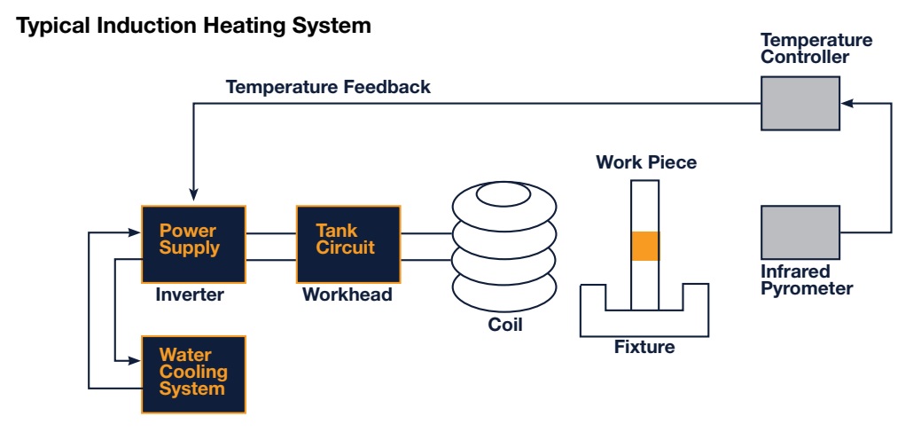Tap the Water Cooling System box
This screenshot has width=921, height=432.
[x=193, y=373]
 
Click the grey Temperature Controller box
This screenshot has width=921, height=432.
[x=800, y=104]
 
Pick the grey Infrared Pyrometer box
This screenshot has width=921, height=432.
[x=800, y=232]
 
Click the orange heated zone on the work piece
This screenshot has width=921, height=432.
[x=645, y=246]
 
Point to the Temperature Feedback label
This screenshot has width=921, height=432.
[x=328, y=87]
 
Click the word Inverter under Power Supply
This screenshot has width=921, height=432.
[x=190, y=295]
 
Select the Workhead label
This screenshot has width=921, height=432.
[x=347, y=295]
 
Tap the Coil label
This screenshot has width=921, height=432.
[x=505, y=325]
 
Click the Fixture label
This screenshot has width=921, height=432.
[x=644, y=347]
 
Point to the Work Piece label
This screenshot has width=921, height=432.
[x=645, y=162]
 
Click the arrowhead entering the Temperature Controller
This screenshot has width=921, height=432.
[x=846, y=104]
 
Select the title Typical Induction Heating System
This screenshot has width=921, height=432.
[x=194, y=27]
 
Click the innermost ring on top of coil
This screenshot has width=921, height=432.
[x=505, y=192]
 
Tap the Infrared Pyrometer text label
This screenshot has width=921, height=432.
[x=807, y=279]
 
